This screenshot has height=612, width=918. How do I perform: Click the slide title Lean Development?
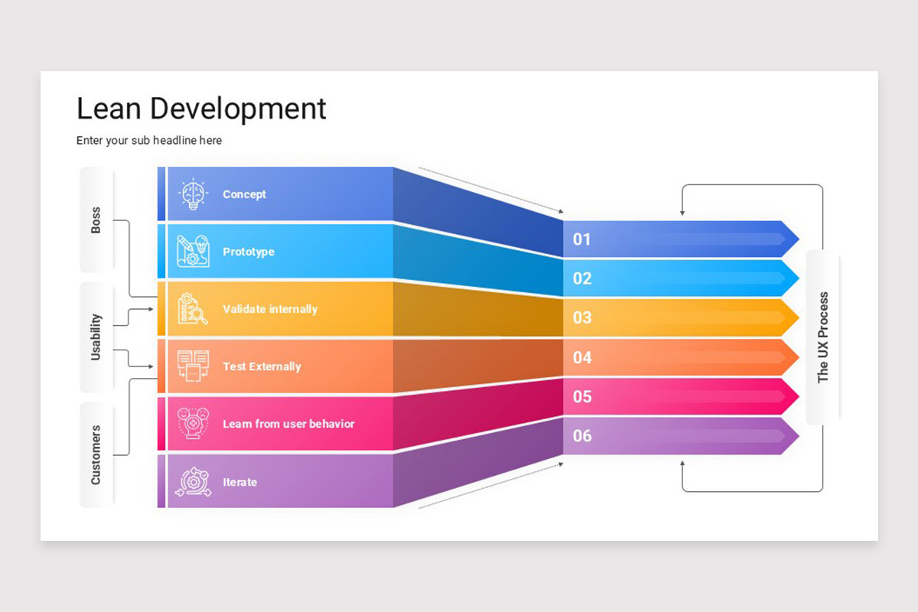(x=201, y=109)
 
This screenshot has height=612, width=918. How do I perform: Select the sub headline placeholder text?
(x=149, y=141)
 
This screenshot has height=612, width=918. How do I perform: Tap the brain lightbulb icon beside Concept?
(x=193, y=194)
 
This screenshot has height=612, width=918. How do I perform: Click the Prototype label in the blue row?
(x=248, y=252)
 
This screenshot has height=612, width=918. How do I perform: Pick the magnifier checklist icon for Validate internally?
(x=193, y=309)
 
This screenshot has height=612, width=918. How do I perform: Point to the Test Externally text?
(x=262, y=366)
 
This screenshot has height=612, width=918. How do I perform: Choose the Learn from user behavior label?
(x=288, y=424)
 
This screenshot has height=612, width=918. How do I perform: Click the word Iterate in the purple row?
(x=239, y=482)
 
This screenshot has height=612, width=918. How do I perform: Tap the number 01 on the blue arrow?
(x=582, y=239)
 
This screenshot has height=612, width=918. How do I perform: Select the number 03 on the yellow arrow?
(x=582, y=317)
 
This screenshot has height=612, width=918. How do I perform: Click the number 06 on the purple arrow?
(x=582, y=436)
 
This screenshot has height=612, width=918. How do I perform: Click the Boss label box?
(x=96, y=220)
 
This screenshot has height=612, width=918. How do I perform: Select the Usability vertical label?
(x=96, y=337)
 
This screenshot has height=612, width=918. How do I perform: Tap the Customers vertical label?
(x=96, y=455)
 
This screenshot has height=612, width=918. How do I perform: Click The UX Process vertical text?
(x=822, y=337)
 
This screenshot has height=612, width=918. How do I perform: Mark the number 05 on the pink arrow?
(x=582, y=396)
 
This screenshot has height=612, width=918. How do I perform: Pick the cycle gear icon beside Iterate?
(x=193, y=482)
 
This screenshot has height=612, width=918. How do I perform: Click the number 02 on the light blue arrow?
(x=582, y=278)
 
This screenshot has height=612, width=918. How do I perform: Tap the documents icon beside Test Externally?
(x=193, y=366)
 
